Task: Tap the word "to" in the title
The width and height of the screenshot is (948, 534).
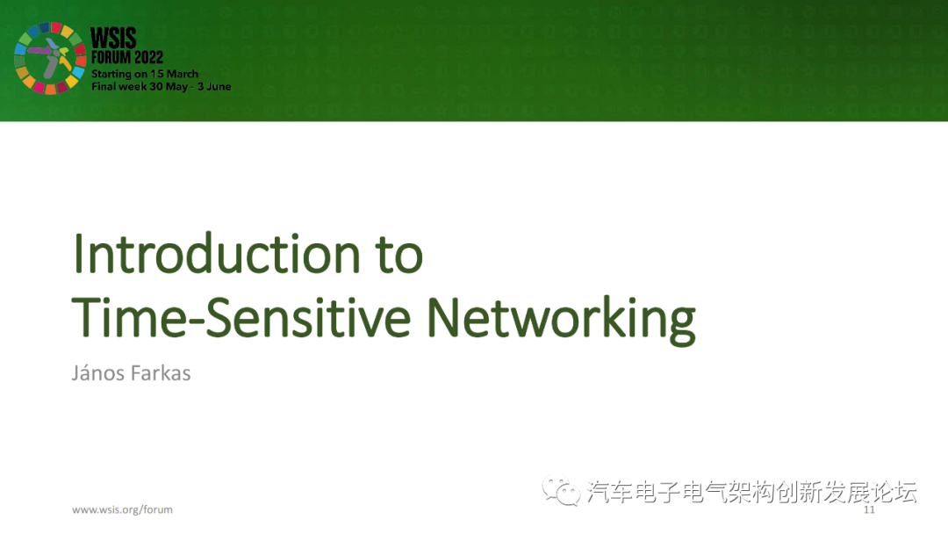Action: click(x=392, y=256)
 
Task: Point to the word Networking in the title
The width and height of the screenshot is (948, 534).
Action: click(x=561, y=320)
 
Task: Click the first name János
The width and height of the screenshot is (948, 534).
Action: click(x=98, y=372)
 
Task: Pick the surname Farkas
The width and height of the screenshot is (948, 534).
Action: click(x=161, y=372)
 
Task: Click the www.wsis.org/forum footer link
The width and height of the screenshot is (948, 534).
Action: click(x=122, y=509)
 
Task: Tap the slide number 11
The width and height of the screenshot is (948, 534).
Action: click(x=870, y=510)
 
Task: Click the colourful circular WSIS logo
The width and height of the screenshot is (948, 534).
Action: click(x=48, y=58)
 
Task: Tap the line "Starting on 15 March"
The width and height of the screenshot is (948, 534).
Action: click(x=145, y=74)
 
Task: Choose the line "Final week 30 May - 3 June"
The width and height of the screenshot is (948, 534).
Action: click(x=162, y=87)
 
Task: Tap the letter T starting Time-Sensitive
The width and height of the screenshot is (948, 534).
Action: click(x=86, y=318)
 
